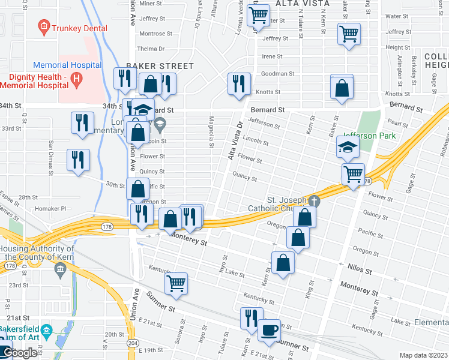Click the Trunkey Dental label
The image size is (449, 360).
79,28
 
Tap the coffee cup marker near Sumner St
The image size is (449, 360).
269,330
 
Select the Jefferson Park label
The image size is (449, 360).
370,136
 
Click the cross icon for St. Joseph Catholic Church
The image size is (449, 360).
313,201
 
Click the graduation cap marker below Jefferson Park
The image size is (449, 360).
348,147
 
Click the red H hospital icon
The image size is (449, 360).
76,78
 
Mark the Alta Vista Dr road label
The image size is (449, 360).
235,142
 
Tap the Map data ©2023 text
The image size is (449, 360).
423,355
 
